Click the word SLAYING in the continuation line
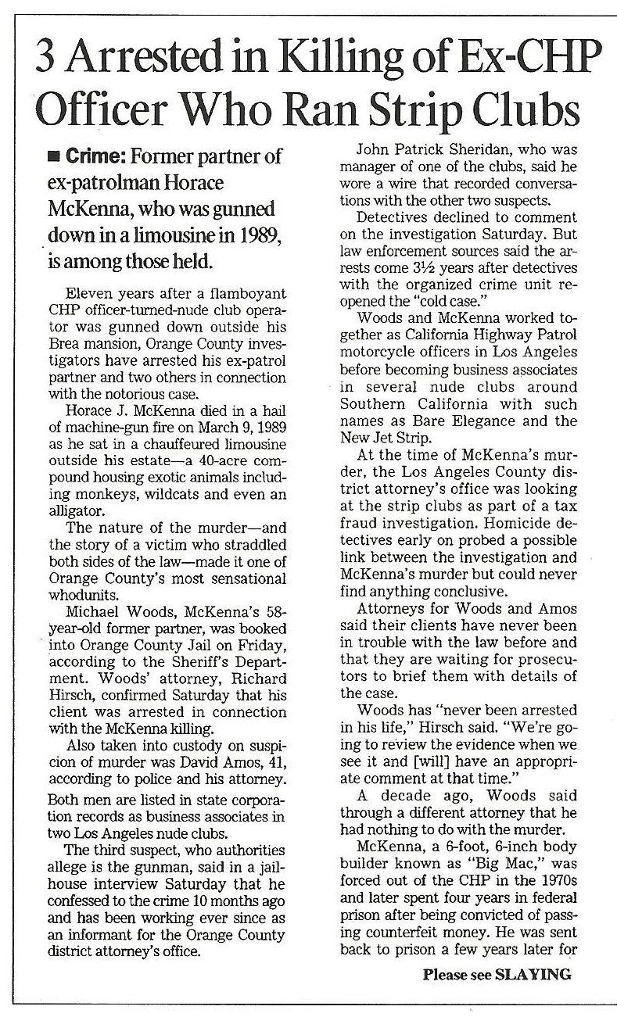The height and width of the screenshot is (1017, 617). [533, 975]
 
